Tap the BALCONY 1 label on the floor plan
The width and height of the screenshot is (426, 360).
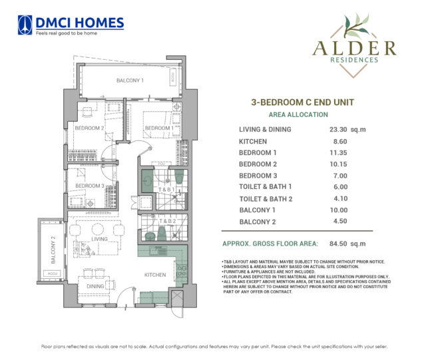coord(130,80)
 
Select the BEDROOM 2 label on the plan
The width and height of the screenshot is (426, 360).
coord(89,128)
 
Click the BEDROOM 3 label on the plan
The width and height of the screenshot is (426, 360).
coord(89,186)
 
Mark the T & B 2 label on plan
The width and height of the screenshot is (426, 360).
coord(166,221)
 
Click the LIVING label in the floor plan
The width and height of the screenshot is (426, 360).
coord(100,238)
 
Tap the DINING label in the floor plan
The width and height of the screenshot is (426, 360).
coord(96,286)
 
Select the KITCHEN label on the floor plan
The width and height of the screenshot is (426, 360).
coord(156,274)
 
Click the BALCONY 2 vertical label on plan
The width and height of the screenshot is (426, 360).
coord(53,249)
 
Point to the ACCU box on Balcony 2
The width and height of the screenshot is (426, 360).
coord(51,273)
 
